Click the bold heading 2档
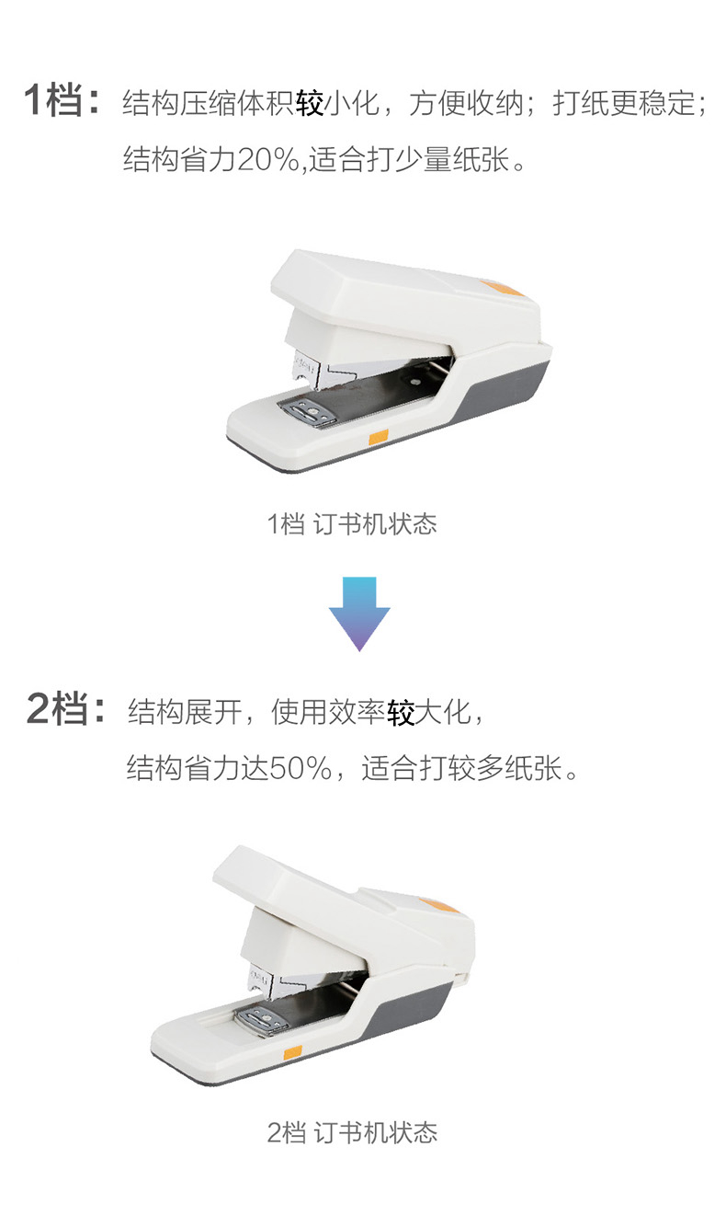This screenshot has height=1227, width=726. (x=58, y=709)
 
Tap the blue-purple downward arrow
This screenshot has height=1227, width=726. (x=359, y=613)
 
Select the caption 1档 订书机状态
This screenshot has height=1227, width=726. (x=352, y=524)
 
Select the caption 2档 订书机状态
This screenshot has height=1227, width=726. (x=352, y=1132)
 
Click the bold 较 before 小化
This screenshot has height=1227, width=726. (x=310, y=102)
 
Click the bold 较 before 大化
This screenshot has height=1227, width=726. (x=401, y=712)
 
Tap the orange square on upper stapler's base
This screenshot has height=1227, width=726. (x=378, y=437)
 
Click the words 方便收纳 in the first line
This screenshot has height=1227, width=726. (x=466, y=102)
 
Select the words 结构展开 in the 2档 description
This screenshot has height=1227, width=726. (x=185, y=712)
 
